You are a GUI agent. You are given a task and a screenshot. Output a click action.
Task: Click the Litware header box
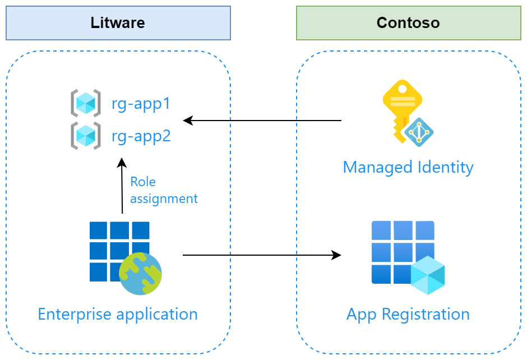tap(118, 23)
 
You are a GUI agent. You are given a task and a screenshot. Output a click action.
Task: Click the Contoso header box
tap(408, 23)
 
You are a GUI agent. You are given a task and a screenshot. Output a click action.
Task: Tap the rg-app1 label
tap(141, 104)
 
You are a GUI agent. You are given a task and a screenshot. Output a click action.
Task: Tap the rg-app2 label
tap(141, 136)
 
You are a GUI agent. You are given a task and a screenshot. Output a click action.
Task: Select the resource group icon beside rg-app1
tap(86, 103)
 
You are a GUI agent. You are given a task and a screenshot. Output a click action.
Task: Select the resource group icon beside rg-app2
tap(86, 136)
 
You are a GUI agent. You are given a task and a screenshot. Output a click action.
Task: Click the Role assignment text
tap(164, 190)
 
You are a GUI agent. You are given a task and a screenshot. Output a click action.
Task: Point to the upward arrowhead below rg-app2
tap(122, 163)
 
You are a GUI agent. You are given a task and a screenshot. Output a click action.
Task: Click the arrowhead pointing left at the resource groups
tap(188, 121)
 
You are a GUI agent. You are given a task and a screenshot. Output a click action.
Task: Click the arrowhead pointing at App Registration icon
tap(336, 255)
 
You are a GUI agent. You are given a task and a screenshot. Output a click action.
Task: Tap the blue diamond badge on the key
tap(419, 132)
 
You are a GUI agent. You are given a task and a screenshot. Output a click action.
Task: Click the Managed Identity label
tap(408, 168)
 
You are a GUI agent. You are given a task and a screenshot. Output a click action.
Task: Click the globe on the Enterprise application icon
tap(140, 274)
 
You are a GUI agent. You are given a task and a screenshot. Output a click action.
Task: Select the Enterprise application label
tap(118, 315)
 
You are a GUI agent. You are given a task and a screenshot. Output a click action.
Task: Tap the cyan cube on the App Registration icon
tap(428, 275)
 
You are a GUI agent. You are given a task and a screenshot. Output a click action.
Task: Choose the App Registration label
tap(408, 315)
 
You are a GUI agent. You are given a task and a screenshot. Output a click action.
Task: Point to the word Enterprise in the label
tap(75, 315)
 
